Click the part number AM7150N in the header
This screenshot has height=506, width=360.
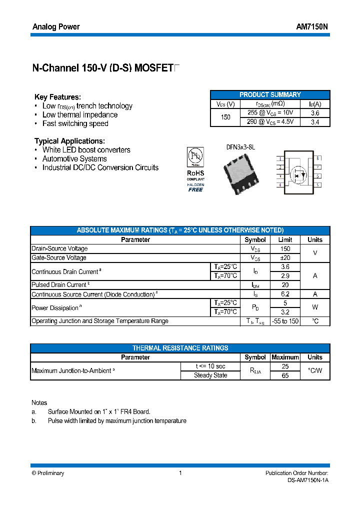[312, 27]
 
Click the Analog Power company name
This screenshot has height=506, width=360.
[56, 27]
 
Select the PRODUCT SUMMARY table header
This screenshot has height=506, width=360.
[270, 94]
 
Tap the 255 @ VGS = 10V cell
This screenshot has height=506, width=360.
[270, 113]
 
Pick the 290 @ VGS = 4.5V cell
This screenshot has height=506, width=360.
[270, 121]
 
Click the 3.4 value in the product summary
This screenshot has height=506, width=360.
[315, 121]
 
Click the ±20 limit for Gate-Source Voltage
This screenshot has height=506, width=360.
[285, 258]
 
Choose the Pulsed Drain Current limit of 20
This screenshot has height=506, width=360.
[285, 285]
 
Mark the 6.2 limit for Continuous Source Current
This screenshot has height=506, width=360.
[285, 294]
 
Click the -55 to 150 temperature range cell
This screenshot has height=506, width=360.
[285, 321]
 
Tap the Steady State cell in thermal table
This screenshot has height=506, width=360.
[210, 375]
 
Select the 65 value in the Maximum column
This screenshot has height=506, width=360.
[285, 375]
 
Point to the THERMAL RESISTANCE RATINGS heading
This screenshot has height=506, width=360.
[180, 348]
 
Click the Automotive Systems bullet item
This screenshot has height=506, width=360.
[74, 159]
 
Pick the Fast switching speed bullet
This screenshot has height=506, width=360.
[75, 123]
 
